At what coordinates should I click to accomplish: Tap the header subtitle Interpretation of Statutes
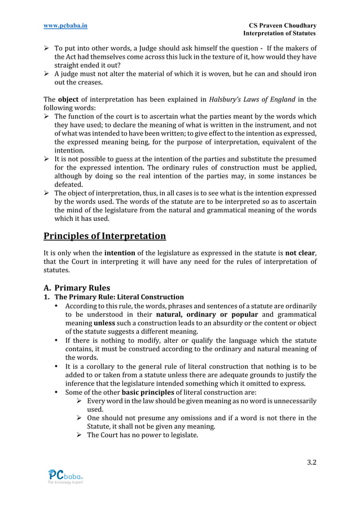coord(279,34)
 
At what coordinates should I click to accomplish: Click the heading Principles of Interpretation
coord(105,236)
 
